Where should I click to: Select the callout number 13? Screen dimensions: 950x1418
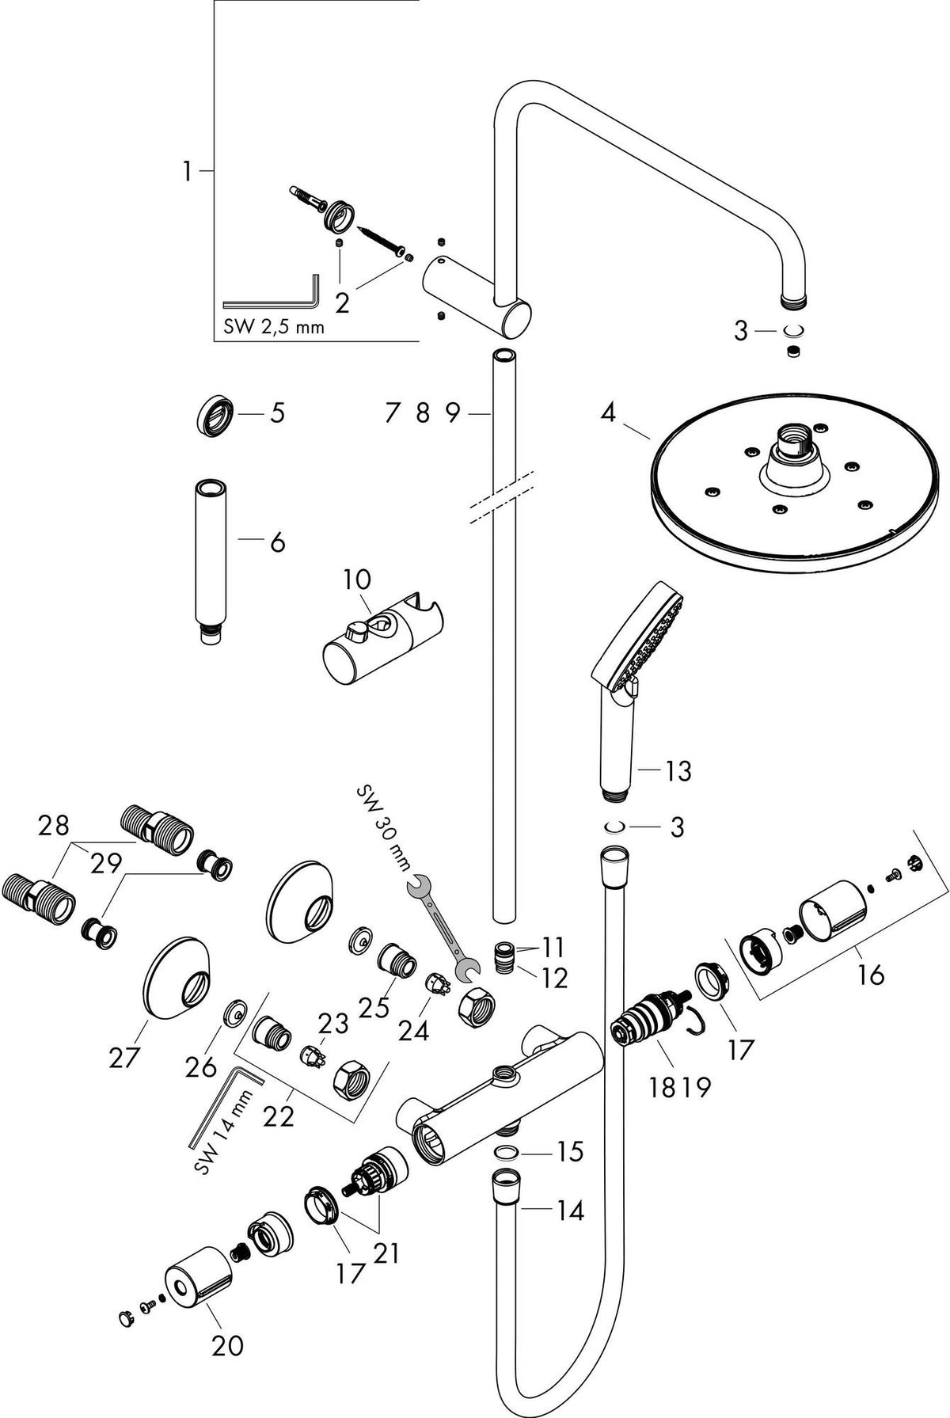click(x=678, y=770)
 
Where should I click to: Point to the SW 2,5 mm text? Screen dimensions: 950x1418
click(x=274, y=325)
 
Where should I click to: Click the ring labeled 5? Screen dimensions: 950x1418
click(x=215, y=414)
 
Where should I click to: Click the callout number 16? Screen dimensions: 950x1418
click(x=870, y=975)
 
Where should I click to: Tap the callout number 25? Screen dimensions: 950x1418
click(x=374, y=1007)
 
